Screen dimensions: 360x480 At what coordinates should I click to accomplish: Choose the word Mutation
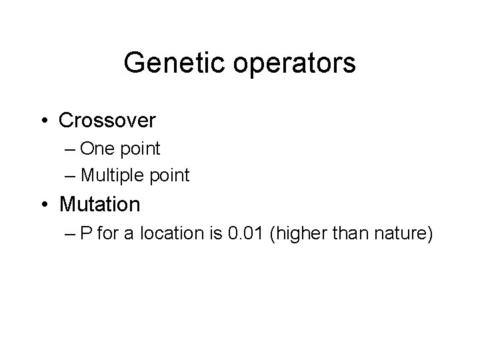click(99, 204)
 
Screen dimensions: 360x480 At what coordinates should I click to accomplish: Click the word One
click(106, 148)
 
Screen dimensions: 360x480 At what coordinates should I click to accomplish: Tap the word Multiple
click(116, 175)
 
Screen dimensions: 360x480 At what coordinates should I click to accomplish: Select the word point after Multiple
click(171, 177)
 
